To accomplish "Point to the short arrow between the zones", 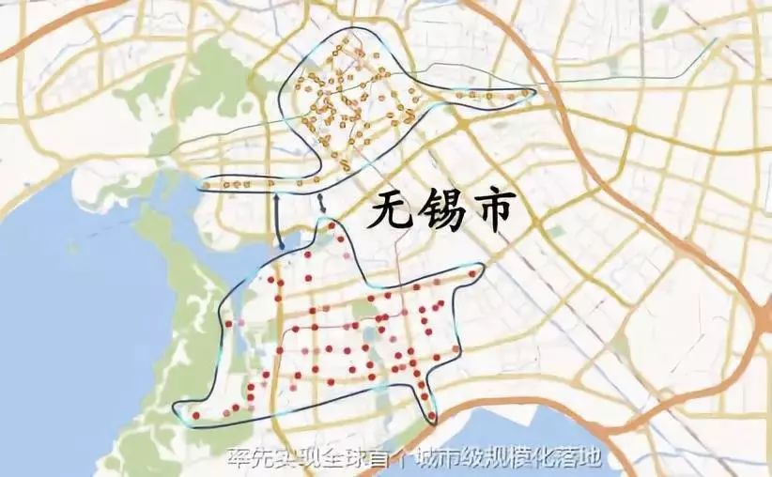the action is [x=322, y=202].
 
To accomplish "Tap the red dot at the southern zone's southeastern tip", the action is [x=431, y=416].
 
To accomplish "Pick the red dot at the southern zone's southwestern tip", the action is [x=195, y=414].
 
